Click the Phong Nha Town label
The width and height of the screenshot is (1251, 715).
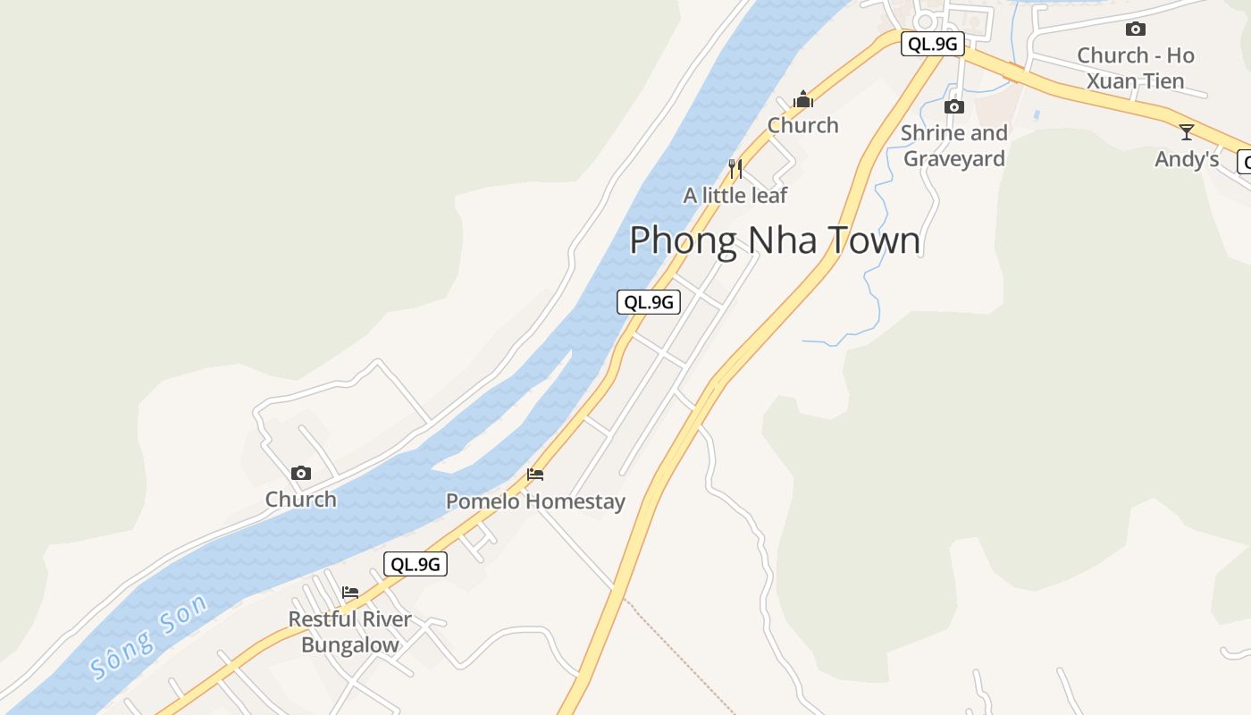(775, 240)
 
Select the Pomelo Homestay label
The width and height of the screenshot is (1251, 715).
(535, 501)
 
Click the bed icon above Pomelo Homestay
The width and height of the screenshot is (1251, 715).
(535, 474)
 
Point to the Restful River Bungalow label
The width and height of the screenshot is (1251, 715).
(350, 632)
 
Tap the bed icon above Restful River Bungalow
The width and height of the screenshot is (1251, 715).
(350, 592)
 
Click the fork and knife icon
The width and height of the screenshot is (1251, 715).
(735, 168)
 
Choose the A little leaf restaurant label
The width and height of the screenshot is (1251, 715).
(735, 195)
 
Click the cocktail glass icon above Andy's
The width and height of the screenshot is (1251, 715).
(1187, 132)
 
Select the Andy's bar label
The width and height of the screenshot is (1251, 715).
(1187, 159)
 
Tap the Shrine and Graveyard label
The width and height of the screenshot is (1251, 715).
(954, 146)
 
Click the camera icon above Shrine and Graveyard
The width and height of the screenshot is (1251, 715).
(954, 107)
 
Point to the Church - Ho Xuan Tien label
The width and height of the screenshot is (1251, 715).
(1135, 68)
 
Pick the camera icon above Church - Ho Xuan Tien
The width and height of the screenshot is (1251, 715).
(1135, 29)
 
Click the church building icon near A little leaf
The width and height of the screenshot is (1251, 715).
(803, 98)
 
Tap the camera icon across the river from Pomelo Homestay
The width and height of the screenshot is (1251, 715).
(301, 473)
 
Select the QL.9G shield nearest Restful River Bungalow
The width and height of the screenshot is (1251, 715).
(416, 564)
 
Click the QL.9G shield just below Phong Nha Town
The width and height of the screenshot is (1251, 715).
(649, 302)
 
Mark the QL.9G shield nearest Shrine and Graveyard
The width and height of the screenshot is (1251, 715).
(932, 44)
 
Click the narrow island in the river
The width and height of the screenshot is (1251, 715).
(509, 429)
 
